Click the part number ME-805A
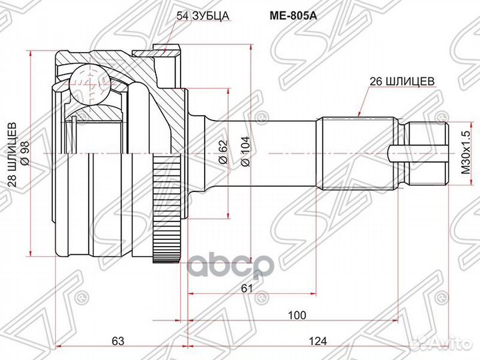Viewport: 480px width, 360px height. coord(293,15)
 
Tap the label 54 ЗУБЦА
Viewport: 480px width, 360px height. coord(203,15)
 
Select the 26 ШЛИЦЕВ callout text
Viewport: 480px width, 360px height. coord(402,82)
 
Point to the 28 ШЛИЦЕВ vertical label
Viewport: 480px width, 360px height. coord(13,155)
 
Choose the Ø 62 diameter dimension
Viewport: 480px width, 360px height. coord(224,152)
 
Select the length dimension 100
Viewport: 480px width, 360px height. coord(297,315)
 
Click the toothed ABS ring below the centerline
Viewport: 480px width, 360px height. coord(166,208)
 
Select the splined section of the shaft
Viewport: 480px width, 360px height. coord(357,153)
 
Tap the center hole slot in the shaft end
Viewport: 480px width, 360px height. coord(418,153)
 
